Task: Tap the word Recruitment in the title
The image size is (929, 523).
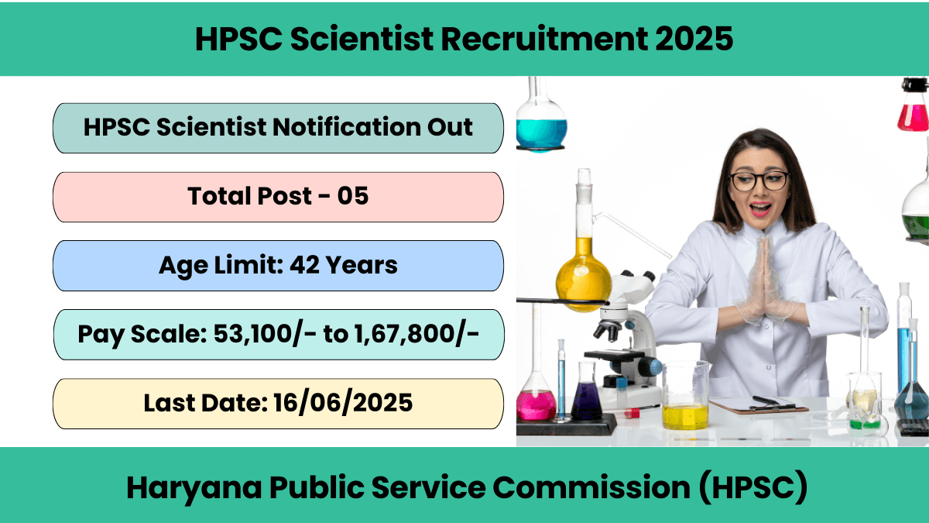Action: tap(544, 39)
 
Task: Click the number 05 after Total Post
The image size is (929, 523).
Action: tap(352, 195)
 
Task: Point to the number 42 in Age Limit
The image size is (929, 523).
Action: tap(304, 265)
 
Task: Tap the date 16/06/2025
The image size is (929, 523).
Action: tap(343, 403)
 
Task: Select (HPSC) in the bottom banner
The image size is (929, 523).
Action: tap(753, 487)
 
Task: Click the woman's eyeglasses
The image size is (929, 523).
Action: tap(759, 181)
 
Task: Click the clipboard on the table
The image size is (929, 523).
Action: tap(759, 404)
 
